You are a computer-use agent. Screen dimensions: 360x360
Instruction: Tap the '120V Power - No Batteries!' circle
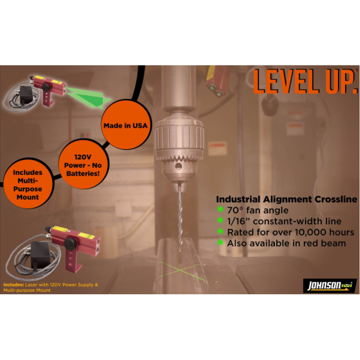click(x=83, y=164)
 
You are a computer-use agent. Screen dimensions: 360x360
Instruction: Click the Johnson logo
click(x=330, y=285)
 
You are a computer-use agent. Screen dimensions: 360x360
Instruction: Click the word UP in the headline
click(x=342, y=81)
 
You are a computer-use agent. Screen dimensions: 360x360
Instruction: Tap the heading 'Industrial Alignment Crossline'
click(x=287, y=199)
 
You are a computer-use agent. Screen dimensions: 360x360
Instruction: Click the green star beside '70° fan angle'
click(x=220, y=209)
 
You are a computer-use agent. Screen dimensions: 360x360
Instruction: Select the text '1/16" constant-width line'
click(x=284, y=221)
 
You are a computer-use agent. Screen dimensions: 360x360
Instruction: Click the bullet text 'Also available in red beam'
click(x=286, y=243)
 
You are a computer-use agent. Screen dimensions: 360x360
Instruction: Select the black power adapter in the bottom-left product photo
click(x=41, y=255)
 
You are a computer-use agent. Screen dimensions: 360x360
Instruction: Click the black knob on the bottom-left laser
click(x=70, y=244)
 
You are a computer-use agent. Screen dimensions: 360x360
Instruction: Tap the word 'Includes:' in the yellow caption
click(x=14, y=285)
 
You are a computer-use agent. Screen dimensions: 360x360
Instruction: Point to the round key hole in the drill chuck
click(x=179, y=166)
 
